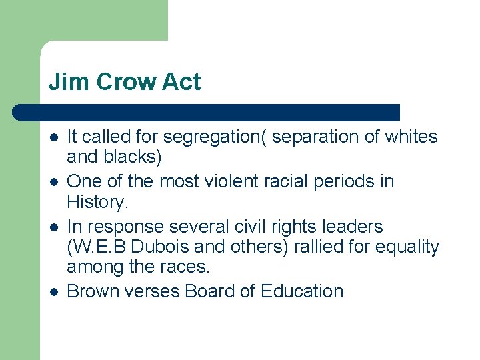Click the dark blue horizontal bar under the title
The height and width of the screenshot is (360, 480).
207,112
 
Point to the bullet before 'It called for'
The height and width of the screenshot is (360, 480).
53,137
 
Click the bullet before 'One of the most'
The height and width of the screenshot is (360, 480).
53,182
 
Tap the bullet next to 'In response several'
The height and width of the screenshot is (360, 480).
53,227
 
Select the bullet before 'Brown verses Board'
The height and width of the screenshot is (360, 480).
53,291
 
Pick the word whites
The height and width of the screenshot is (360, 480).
411,137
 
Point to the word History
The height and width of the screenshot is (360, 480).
96,203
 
